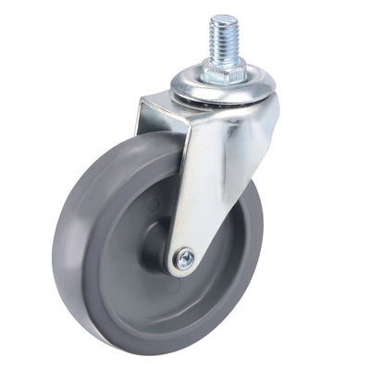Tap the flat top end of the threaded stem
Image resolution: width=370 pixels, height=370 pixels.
pyautogui.click(x=223, y=18)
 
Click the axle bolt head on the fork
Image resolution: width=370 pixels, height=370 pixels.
pyautogui.click(x=183, y=260)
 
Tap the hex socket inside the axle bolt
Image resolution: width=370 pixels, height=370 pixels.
pyautogui.click(x=183, y=260)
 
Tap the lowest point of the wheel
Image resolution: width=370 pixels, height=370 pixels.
pyautogui.click(x=139, y=352)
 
